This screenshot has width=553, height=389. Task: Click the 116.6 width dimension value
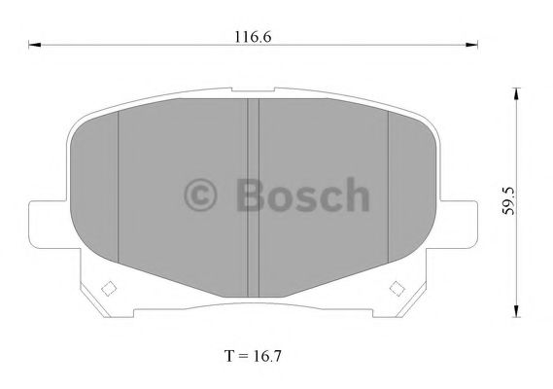pos(253,37)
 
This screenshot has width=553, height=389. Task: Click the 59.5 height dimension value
pos(508,201)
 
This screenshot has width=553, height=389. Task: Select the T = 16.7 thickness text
pos(253,356)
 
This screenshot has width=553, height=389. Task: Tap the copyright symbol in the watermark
pos(200,194)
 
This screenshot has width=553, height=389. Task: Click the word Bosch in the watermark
pos(302,194)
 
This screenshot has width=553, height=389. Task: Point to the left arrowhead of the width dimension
pos(35,45)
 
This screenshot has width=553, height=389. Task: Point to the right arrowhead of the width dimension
pos(471,45)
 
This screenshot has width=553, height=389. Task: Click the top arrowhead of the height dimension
pos(516,94)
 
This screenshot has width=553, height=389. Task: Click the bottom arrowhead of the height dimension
pos(516,310)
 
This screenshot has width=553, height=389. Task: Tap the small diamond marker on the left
pos(109,289)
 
